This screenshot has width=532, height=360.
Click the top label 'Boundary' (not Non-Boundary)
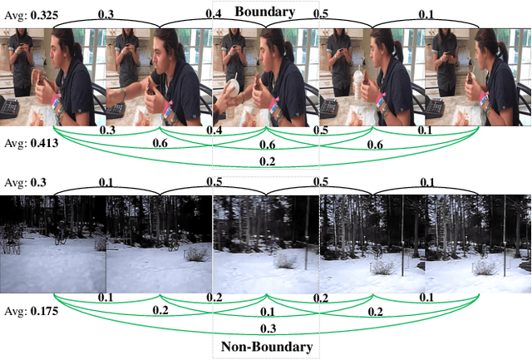click(265, 12)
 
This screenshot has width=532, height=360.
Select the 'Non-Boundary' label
click(265, 346)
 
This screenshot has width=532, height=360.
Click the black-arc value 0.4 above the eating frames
click(214, 15)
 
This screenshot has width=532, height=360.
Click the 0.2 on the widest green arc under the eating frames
click(268, 161)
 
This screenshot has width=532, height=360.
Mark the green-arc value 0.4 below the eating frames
click(214, 131)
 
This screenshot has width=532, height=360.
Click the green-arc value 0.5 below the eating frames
click(319, 131)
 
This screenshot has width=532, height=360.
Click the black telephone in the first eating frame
click(9, 106)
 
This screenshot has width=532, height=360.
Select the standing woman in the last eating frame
click(446, 58)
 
